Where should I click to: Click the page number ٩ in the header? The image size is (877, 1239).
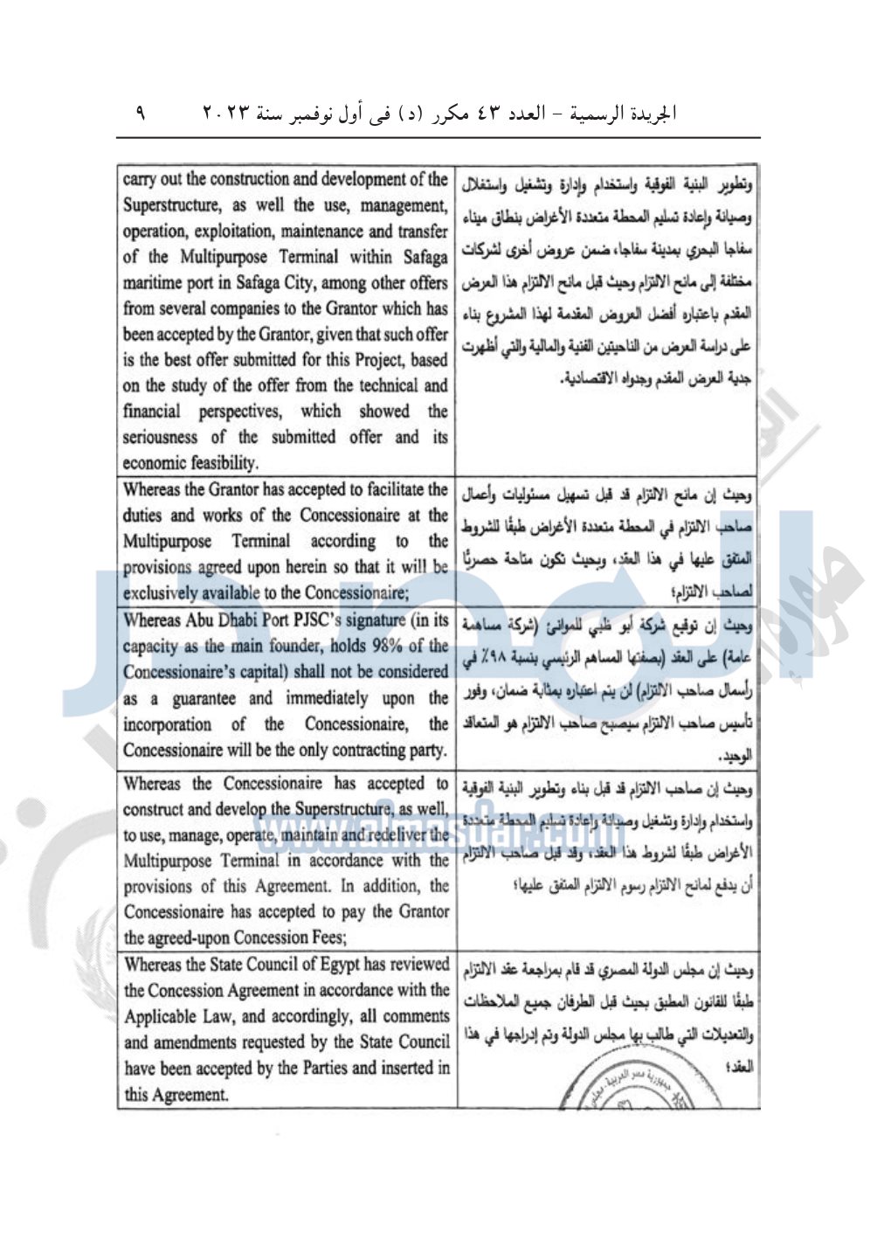141,113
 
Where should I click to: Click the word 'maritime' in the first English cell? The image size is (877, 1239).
154,283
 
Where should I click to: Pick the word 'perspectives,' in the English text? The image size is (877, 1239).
240,412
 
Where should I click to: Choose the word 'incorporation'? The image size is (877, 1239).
167,724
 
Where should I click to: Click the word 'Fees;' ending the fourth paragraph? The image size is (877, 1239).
327,938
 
